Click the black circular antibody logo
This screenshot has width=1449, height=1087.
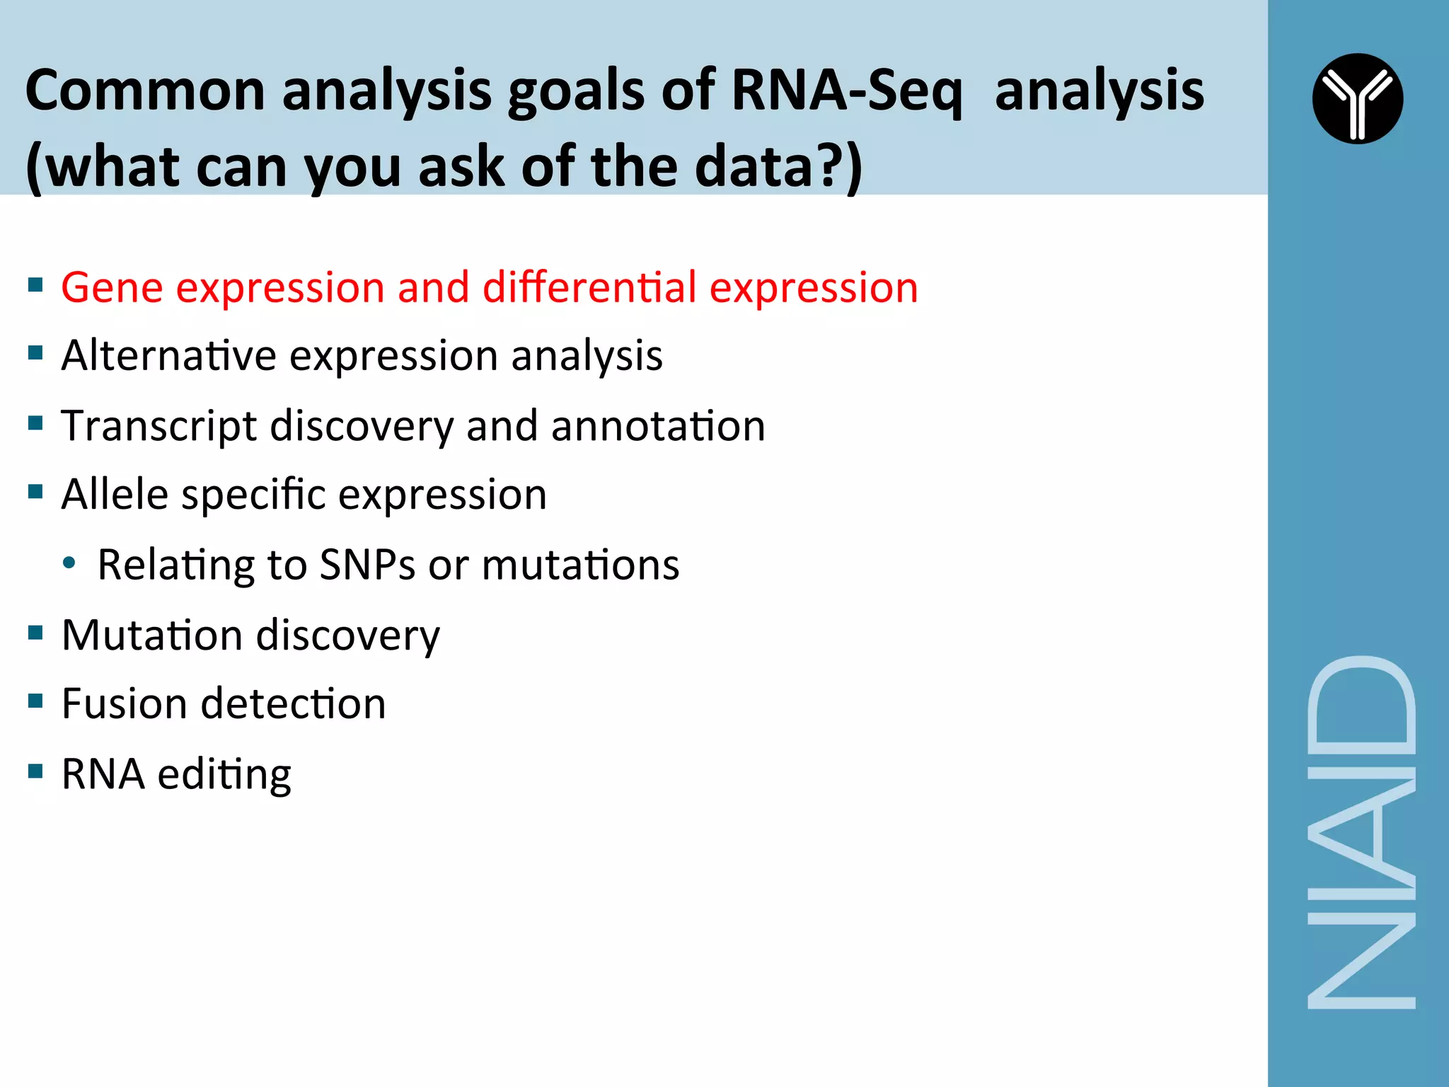1357,98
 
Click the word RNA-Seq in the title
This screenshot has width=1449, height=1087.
847,91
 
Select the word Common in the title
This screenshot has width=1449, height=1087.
145,91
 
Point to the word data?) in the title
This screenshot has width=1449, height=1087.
778,166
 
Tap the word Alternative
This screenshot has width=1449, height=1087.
168,355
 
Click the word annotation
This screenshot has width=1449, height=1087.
658,427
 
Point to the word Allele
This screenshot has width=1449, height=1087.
114,494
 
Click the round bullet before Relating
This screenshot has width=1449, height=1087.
69,563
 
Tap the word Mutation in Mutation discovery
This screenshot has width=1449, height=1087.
152,635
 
